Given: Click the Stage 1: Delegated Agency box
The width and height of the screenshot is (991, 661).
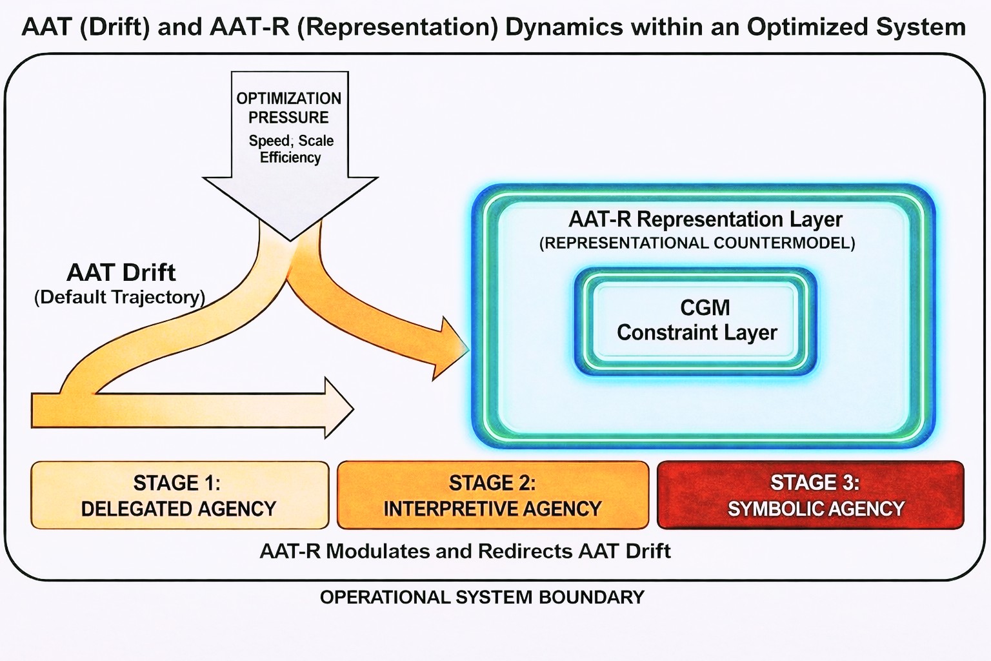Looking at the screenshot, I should click(x=179, y=495).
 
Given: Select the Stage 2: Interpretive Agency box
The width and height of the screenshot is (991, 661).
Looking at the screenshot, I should click(x=492, y=495).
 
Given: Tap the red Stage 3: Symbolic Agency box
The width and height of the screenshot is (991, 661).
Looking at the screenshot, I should click(x=810, y=495).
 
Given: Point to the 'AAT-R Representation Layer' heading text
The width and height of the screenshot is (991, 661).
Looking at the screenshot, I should click(x=705, y=219).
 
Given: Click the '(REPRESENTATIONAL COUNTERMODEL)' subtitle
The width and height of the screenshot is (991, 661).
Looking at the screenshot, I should click(x=697, y=243).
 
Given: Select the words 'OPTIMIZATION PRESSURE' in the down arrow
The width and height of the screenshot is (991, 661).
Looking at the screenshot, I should click(x=289, y=108).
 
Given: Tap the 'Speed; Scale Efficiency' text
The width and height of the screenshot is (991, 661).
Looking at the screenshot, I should click(x=291, y=149).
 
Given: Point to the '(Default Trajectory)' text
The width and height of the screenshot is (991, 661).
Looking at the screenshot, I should click(x=119, y=297).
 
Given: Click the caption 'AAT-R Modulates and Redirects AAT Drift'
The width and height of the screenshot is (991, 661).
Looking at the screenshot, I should click(x=465, y=551).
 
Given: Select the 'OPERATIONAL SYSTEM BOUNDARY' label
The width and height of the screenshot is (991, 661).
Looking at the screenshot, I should click(x=482, y=597).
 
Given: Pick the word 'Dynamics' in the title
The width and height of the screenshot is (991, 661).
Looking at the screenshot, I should click(x=565, y=27).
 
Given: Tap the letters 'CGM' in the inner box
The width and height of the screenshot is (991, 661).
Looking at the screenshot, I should click(x=705, y=307).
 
